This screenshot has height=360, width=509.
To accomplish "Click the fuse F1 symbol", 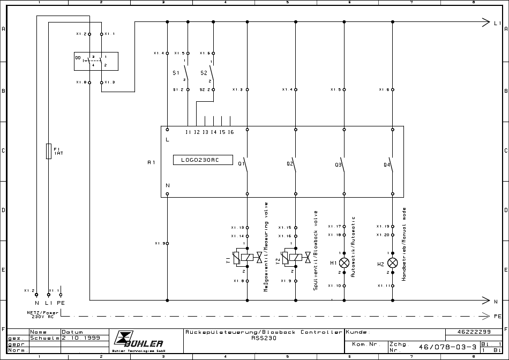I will pos(49,151).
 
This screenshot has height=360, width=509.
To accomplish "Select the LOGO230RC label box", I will pos(203,160).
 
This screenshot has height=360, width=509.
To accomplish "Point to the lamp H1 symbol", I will pos(345,262).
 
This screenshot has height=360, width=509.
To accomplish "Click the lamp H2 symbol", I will pos(393,262).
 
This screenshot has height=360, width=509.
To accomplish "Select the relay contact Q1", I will pos(246,164).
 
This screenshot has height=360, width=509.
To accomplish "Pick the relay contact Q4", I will pos(392,164).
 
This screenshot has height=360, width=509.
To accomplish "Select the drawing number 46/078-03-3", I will pos(447,347).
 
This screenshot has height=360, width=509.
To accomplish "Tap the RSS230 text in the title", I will pos(263,339).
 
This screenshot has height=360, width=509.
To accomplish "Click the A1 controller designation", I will pos(151,161).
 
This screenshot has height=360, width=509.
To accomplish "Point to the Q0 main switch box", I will pos(96,61).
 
